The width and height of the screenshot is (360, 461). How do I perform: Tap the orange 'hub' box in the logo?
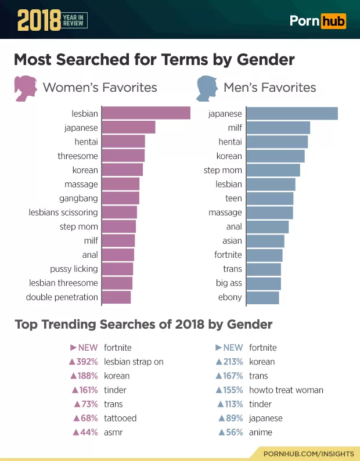coord(333,21)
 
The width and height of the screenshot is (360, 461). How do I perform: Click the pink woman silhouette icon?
coord(25,87)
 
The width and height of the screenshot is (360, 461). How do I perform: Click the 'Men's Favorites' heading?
coord(269,88)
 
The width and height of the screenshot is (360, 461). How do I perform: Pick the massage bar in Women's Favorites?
coord(121,184)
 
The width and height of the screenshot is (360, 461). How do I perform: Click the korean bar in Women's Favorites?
coord(122,170)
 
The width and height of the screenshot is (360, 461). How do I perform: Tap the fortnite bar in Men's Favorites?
coord(264,255)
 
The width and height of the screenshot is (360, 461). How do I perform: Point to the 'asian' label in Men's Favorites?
coord(232,240)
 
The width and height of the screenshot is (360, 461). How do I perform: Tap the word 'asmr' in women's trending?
coord(113,432)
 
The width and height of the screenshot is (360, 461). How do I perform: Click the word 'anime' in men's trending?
coord(261,432)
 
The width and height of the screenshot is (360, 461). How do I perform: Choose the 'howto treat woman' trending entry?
coord(286,390)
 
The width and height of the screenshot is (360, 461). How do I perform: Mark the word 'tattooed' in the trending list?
coord(120,418)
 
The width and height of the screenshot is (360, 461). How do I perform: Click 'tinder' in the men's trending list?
coord(260,404)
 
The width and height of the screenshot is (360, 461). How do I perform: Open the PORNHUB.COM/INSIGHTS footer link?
coord(308,452)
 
